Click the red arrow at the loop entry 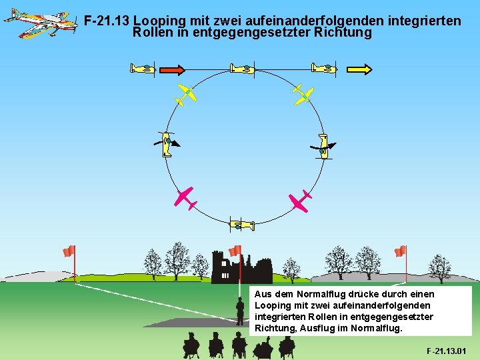[173, 69]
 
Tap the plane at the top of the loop [242, 68]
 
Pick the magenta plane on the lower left [184, 198]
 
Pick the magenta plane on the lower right [299, 200]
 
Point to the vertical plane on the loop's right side [323, 145]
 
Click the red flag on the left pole [68, 251]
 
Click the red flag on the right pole [400, 251]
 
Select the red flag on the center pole [235, 251]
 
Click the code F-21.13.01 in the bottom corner [446, 351]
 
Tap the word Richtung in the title [343, 32]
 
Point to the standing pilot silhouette [239, 310]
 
